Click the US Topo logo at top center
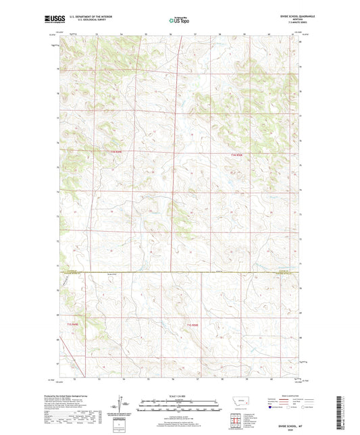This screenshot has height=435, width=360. point(179,21)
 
